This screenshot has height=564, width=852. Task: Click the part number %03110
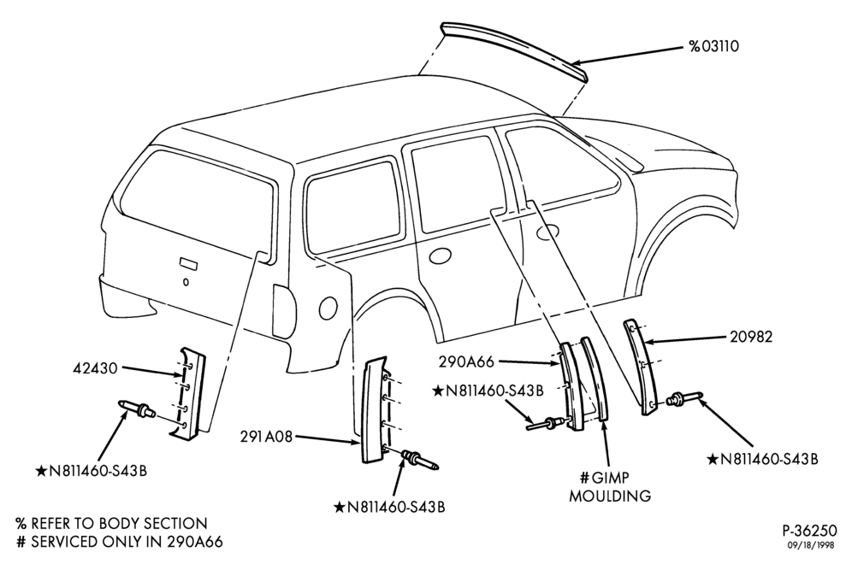[x=714, y=46]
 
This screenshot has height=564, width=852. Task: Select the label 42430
[x=95, y=368]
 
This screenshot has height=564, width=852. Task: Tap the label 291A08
[x=267, y=437]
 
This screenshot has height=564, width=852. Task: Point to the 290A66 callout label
[x=468, y=362]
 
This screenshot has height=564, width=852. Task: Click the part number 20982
[x=751, y=337]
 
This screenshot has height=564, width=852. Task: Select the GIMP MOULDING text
[x=610, y=487]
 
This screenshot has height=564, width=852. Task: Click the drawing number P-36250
[x=809, y=531]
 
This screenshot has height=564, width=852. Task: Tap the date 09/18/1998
[x=814, y=545]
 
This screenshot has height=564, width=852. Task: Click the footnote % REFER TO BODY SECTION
[x=112, y=523]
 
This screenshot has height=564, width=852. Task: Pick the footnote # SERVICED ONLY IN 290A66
[x=120, y=542]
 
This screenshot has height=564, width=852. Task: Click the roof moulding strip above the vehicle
[x=513, y=50]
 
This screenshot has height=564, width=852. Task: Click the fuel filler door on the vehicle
[x=328, y=308]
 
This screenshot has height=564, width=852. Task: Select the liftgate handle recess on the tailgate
[x=188, y=262]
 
